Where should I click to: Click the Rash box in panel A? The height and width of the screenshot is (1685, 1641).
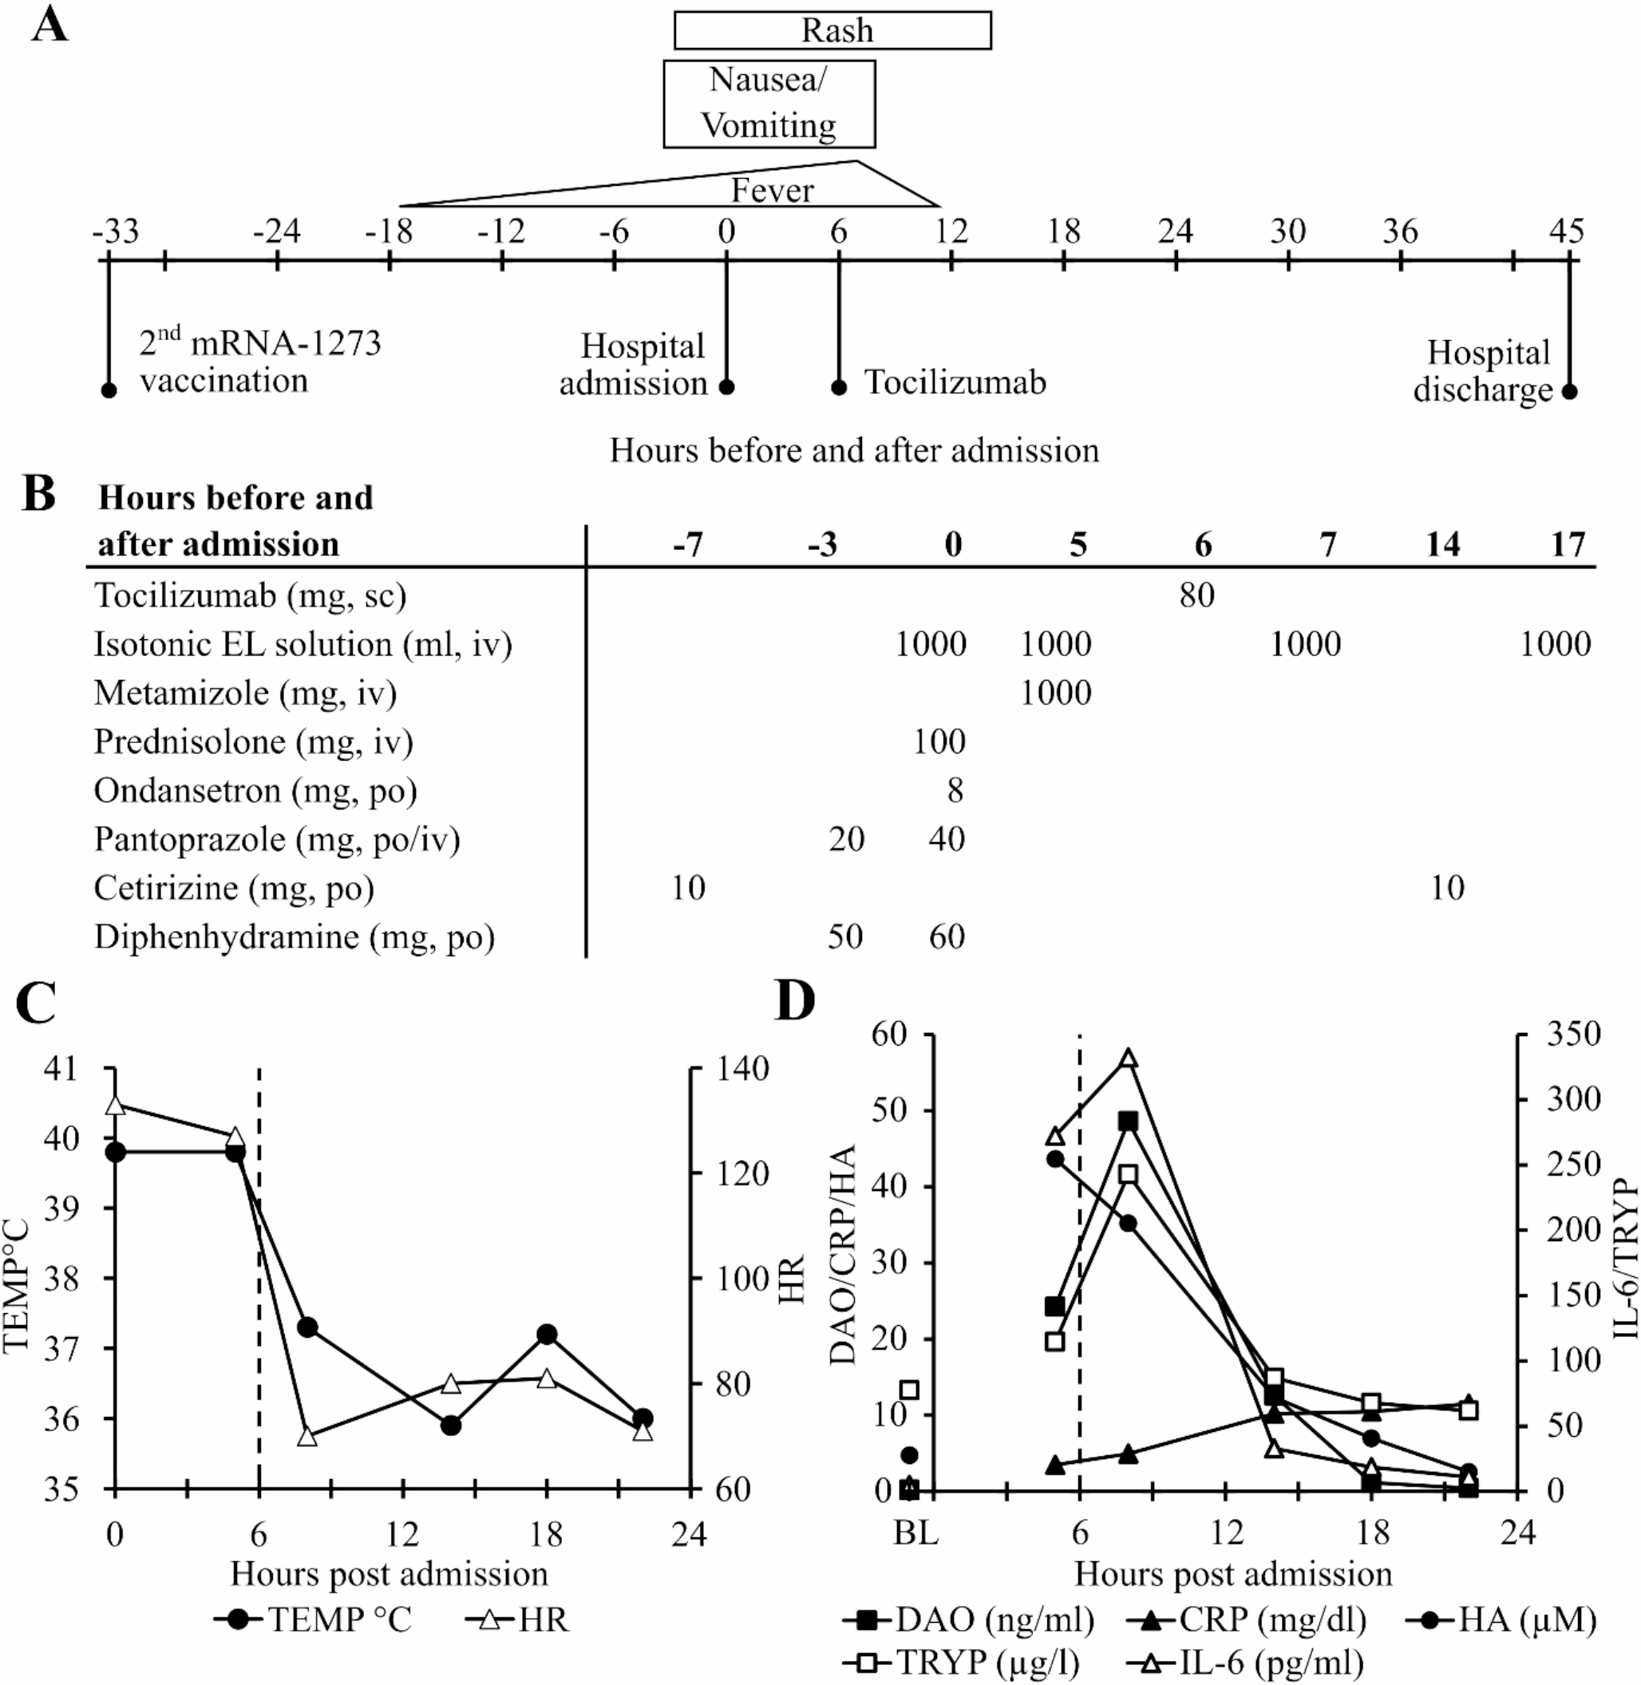pyautogui.click(x=832, y=31)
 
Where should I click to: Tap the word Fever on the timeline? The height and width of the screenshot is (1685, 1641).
pyautogui.click(x=773, y=191)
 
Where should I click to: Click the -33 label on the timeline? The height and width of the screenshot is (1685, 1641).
pyautogui.click(x=116, y=231)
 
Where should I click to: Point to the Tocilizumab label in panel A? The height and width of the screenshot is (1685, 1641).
pyautogui.click(x=955, y=382)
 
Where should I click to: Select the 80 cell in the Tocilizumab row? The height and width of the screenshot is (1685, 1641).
pyautogui.click(x=1197, y=595)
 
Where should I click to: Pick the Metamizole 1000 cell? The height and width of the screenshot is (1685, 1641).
pyautogui.click(x=1056, y=693)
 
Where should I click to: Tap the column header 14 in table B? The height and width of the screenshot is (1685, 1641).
pyautogui.click(x=1444, y=544)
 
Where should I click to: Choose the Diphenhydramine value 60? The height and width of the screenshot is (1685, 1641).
pyautogui.click(x=947, y=937)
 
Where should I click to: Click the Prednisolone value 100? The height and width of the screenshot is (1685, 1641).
pyautogui.click(x=939, y=742)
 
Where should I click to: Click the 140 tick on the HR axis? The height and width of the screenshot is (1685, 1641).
pyautogui.click(x=744, y=1070)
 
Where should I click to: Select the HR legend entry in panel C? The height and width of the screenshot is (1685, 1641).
pyautogui.click(x=518, y=1620)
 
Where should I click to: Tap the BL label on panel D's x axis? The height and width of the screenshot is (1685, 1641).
pyautogui.click(x=915, y=1534)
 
